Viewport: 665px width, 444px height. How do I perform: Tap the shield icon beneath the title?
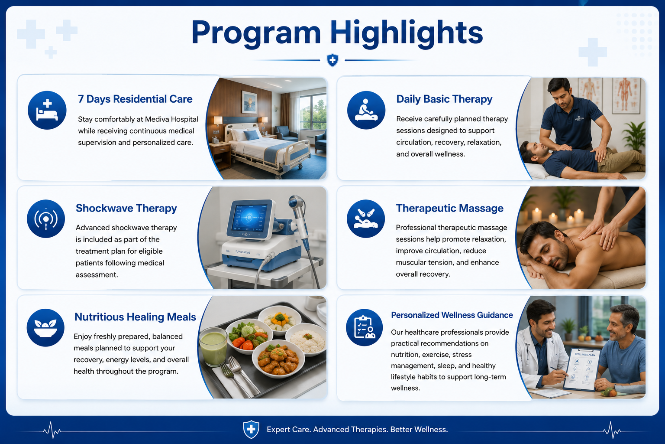click(x=332, y=60)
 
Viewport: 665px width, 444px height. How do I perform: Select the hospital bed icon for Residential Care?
click(x=47, y=110)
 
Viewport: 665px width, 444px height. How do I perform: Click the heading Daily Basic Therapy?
click(x=444, y=99)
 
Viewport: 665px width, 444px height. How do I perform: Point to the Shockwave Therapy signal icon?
click(x=46, y=219)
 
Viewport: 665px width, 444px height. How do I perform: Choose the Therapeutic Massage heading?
click(x=449, y=208)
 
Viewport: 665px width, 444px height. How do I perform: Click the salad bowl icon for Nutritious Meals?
click(x=45, y=327)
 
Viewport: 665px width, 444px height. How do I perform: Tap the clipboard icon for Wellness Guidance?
click(x=365, y=327)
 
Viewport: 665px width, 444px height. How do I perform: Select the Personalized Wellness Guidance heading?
click(x=452, y=315)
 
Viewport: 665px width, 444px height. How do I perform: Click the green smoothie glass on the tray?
click(x=213, y=347)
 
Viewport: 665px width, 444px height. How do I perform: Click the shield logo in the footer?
click(x=251, y=429)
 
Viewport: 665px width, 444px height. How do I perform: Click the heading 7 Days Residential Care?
click(x=135, y=99)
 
